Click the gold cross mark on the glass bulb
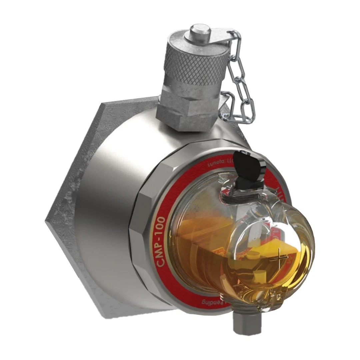pyautogui.click(x=277, y=258)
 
